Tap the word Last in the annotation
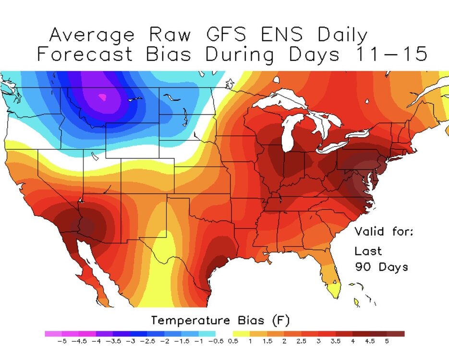(x=368, y=251)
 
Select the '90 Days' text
(x=381, y=267)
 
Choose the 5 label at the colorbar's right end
(x=387, y=342)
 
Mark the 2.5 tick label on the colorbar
(x=302, y=342)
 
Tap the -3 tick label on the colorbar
(x=130, y=342)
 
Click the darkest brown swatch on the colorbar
(x=396, y=334)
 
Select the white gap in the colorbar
(x=224, y=334)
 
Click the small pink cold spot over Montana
(x=102, y=96)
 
